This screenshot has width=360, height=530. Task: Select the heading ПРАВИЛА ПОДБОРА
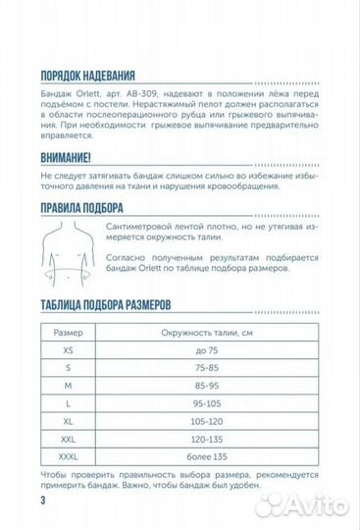(x=81, y=207)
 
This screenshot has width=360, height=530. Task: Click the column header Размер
(x=68, y=331)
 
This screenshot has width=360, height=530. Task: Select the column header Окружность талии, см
(x=201, y=331)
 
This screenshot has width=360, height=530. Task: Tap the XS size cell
(x=68, y=348)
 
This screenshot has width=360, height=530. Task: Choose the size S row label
(x=68, y=366)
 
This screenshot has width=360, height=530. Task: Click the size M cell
(x=68, y=385)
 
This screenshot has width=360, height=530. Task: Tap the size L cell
(x=68, y=402)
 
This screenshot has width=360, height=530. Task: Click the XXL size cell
(x=68, y=439)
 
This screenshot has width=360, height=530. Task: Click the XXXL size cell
(x=68, y=457)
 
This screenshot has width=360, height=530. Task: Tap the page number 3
(x=44, y=502)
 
